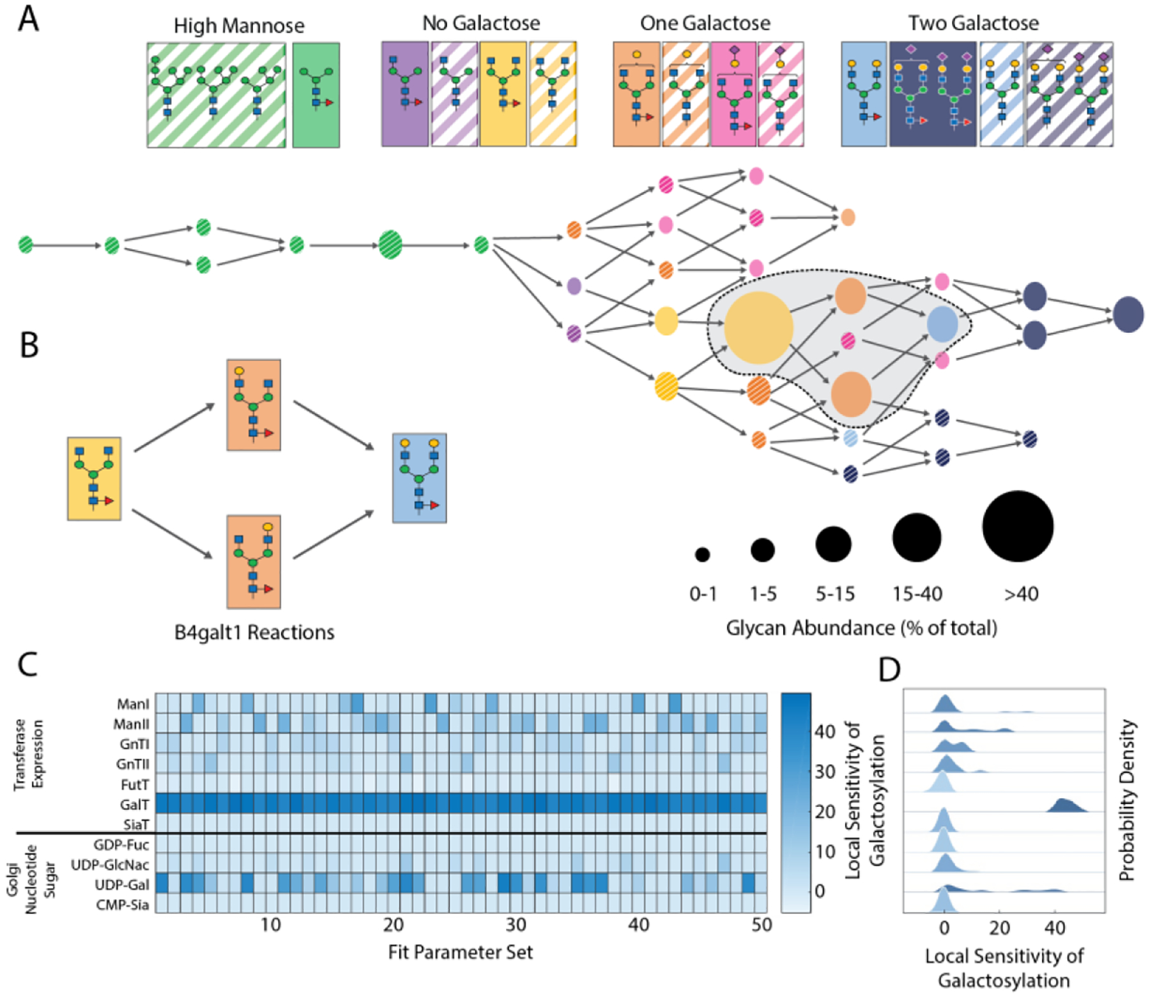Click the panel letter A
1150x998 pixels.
point(28,19)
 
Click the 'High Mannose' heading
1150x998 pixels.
point(239,26)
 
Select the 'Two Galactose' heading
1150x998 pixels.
point(973,23)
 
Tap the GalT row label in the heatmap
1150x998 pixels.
point(134,805)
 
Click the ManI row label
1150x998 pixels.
point(133,704)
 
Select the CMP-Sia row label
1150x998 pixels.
point(122,905)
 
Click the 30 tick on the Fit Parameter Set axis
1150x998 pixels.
point(516,925)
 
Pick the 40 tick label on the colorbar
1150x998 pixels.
point(825,732)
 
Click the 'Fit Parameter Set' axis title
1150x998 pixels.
point(460,953)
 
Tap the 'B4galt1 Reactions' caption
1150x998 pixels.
point(254,633)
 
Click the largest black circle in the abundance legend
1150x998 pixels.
point(1017,526)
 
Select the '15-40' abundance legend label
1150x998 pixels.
point(917,594)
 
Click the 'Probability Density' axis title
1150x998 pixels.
point(1127,801)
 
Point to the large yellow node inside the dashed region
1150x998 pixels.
point(758,327)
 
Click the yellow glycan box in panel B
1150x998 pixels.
point(94,479)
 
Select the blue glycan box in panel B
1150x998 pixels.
point(419,478)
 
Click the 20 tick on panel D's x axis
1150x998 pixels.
point(999,927)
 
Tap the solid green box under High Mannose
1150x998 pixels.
point(316,95)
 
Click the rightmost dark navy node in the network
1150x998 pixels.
point(1128,314)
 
